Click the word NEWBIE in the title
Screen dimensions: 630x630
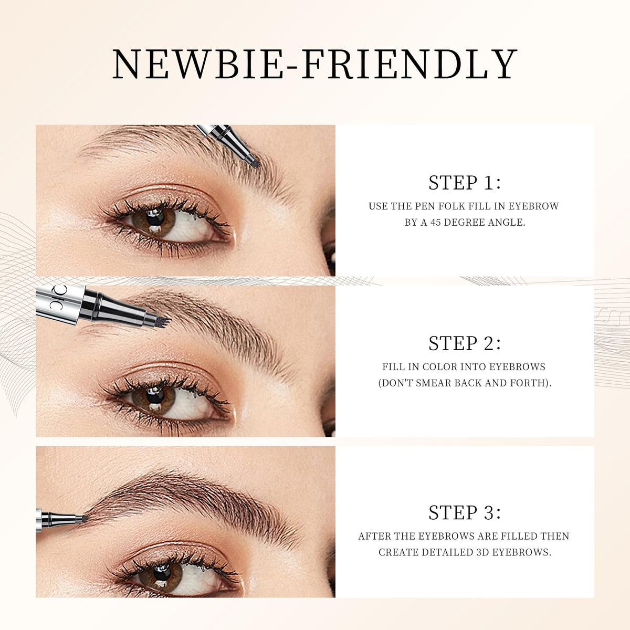(197, 64)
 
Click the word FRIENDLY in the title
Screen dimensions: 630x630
(409, 64)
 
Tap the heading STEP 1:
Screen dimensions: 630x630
(465, 183)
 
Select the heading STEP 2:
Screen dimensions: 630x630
(465, 343)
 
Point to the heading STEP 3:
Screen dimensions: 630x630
(465, 512)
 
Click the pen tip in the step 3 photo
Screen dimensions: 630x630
(84, 518)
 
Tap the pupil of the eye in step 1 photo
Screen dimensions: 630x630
(155, 218)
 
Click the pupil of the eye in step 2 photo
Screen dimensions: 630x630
(155, 396)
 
